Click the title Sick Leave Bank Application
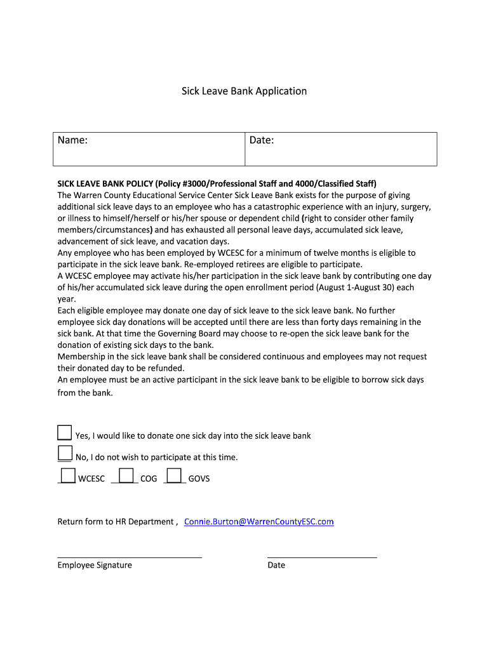tap(244, 91)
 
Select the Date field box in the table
tap(341, 149)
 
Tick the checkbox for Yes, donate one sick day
tap(64, 433)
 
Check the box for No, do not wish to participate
tap(64, 453)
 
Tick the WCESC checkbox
tap(67, 475)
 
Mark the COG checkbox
tap(126, 475)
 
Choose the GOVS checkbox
tap(174, 475)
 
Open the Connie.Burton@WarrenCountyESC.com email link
tap(258, 522)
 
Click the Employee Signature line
tap(130, 557)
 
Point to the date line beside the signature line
tap(322, 557)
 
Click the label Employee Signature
tap(95, 565)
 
